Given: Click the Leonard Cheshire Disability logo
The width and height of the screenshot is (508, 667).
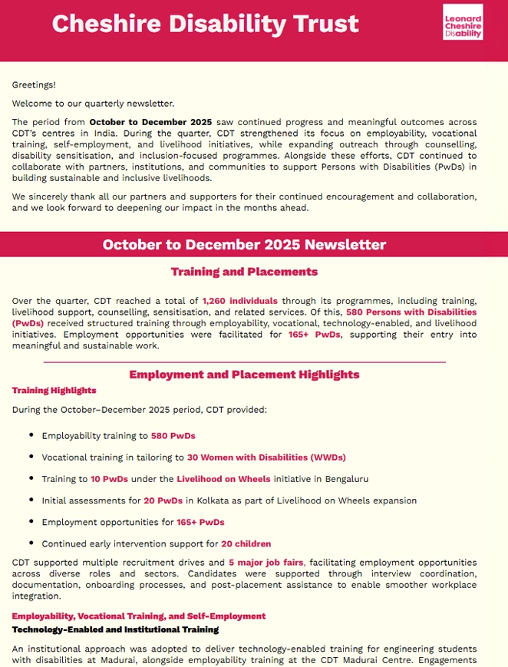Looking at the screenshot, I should [x=463, y=22].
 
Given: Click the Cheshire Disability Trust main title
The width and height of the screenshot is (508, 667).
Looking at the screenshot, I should [x=205, y=24].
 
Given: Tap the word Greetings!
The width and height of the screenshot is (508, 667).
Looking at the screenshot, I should [x=34, y=85].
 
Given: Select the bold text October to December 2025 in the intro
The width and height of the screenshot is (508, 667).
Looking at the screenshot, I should [x=150, y=122].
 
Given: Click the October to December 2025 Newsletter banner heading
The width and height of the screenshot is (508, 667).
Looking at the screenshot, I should [x=244, y=245].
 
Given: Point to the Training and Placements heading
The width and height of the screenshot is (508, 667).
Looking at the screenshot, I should [x=244, y=272].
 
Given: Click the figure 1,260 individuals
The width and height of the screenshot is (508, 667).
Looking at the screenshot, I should [x=239, y=302].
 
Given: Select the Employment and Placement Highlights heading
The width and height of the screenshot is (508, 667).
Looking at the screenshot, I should [x=244, y=375].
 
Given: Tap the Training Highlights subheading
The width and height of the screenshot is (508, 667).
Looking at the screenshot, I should [x=54, y=391].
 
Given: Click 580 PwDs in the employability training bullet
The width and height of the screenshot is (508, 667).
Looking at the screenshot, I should [x=173, y=436].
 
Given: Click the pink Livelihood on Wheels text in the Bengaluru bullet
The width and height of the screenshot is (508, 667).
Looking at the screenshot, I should [x=223, y=479].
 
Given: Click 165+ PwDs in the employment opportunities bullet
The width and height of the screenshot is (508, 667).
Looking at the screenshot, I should [x=200, y=522].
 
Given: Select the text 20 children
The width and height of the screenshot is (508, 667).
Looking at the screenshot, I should [x=246, y=544].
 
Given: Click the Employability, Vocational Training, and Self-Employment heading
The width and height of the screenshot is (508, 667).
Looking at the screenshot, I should [x=139, y=616].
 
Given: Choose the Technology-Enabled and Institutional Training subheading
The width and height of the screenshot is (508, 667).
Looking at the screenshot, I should [x=115, y=630].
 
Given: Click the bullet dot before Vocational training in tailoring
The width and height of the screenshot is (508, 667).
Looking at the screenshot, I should [x=31, y=457].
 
